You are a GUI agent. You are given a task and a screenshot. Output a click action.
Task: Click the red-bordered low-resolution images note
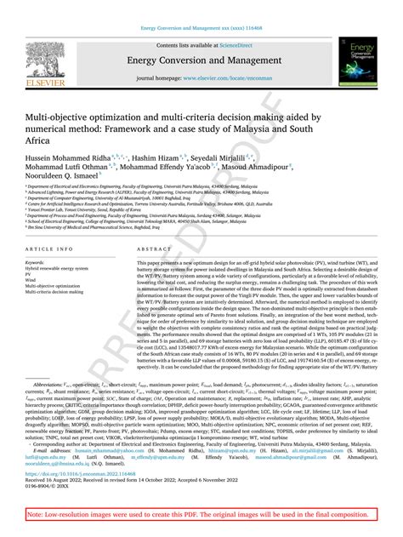tap(201, 516)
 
